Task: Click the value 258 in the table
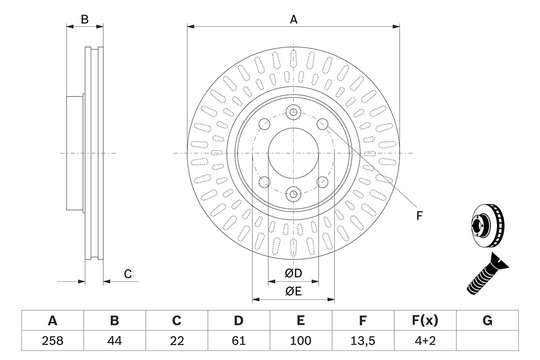(52, 341)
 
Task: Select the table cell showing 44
(114, 341)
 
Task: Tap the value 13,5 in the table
(363, 341)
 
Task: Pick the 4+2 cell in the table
(426, 341)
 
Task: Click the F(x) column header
(426, 321)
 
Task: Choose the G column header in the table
(487, 321)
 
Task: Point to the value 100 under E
(301, 341)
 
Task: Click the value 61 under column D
(239, 341)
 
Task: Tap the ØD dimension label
(293, 273)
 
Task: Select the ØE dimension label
(293, 291)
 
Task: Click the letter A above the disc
(293, 19)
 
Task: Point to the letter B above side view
(85, 19)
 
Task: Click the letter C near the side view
(128, 274)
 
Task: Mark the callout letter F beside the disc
(419, 216)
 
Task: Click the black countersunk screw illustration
(487, 274)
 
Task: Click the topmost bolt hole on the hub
(293, 112)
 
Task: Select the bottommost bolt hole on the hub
(293, 194)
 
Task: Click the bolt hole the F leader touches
(322, 124)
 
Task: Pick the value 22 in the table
(177, 341)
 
